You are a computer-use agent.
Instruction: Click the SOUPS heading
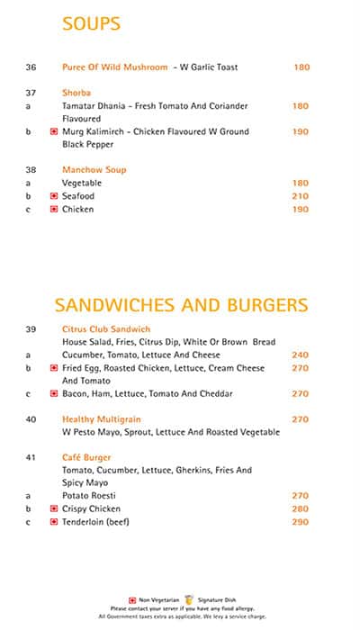click(91, 24)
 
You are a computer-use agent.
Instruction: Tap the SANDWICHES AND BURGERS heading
click(181, 304)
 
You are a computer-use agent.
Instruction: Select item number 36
click(31, 67)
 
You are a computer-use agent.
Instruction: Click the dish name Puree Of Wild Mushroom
click(115, 67)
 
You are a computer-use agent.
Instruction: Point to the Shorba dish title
click(76, 93)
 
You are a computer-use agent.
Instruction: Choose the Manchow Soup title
click(94, 170)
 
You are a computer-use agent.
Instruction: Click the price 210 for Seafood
click(300, 196)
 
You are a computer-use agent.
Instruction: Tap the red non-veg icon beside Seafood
click(54, 196)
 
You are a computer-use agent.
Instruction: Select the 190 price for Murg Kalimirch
click(300, 131)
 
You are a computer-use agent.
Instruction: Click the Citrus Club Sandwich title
click(105, 329)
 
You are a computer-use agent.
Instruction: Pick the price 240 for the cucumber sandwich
click(300, 355)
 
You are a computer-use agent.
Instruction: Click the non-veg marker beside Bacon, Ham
click(54, 394)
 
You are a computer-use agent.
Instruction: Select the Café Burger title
click(85, 458)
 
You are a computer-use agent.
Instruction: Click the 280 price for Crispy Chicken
click(300, 509)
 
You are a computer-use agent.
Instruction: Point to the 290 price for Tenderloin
click(300, 522)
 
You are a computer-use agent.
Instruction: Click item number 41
click(31, 458)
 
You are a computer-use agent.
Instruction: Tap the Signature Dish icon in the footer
click(189, 598)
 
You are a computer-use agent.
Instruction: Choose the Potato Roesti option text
click(90, 496)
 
